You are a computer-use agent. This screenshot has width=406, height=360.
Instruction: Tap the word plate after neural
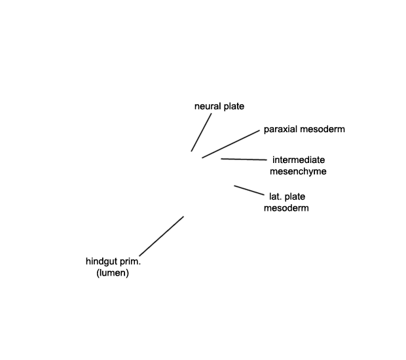[x=234, y=107]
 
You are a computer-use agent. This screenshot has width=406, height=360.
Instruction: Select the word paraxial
[x=280, y=130]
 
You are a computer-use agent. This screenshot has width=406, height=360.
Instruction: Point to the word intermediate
[x=299, y=160]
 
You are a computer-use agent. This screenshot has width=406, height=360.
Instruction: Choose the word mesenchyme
[x=298, y=171]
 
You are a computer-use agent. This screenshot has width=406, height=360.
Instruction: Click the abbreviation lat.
[x=276, y=197]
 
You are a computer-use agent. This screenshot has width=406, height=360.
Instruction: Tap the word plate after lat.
[x=295, y=197]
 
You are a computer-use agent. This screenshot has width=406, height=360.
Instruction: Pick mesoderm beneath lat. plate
[x=286, y=208]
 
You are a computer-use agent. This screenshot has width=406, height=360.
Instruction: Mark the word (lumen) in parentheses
[x=113, y=273]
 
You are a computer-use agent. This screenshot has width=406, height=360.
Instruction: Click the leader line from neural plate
[x=201, y=132]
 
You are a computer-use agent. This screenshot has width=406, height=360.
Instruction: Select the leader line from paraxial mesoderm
[x=231, y=144]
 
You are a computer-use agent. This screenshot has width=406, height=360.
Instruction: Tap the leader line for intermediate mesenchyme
[x=244, y=160]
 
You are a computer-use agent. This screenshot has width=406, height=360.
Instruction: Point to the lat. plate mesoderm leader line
[x=249, y=190]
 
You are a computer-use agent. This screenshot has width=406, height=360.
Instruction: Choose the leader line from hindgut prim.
[x=162, y=236]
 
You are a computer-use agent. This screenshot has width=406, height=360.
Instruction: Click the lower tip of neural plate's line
[x=191, y=151]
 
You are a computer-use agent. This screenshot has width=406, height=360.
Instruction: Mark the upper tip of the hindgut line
[x=183, y=217]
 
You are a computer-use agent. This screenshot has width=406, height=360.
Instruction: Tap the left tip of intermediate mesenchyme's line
[x=221, y=159]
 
